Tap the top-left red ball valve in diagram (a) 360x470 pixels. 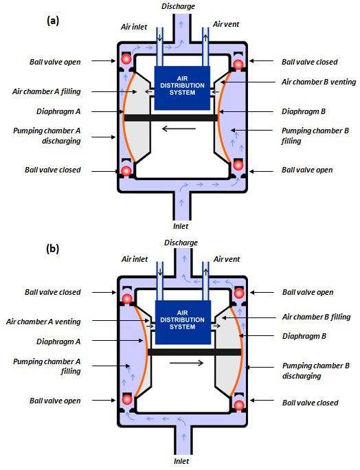pos(126,59)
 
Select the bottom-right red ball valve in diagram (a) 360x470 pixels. pos(238,165)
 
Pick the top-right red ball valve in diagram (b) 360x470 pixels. pos(239,293)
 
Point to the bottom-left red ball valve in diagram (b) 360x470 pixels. pos(127,399)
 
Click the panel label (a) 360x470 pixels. pos(53,21)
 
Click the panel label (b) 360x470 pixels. pos(53,249)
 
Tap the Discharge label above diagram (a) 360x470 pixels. pos(178,6)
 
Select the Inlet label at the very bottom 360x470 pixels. pos(181,461)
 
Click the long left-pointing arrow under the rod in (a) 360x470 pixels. pos(179,129)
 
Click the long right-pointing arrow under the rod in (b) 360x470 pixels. pos(186,363)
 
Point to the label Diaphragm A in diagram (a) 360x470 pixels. pos(58,111)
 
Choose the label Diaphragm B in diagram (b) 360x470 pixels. pos(304,336)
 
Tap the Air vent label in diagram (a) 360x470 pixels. pos(226,24)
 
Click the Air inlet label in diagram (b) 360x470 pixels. pos(135,259)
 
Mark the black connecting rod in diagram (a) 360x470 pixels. pos(171,117)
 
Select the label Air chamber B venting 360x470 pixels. pos(319,82)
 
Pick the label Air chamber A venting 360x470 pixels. pos(43,322)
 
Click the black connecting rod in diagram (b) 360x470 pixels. pos(194,352)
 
